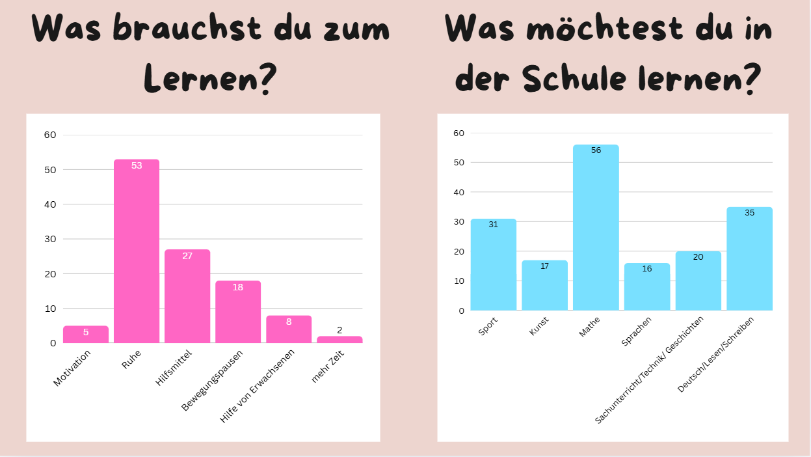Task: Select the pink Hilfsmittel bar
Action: tap(187, 296)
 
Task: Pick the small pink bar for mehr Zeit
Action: tap(339, 339)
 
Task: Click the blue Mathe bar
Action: tap(596, 227)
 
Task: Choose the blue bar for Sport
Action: tap(494, 264)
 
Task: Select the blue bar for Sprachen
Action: tap(647, 286)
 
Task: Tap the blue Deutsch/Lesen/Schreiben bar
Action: tap(749, 258)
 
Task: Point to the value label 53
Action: tap(137, 165)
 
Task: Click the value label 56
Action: tap(596, 150)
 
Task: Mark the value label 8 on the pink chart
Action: tap(289, 322)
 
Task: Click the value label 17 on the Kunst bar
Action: tap(545, 266)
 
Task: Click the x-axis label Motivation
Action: tap(72, 368)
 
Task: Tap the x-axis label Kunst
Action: tap(539, 325)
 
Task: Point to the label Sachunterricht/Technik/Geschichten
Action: tap(650, 370)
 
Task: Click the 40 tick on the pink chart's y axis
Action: tap(50, 204)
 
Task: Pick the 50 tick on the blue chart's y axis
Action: tap(459, 162)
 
